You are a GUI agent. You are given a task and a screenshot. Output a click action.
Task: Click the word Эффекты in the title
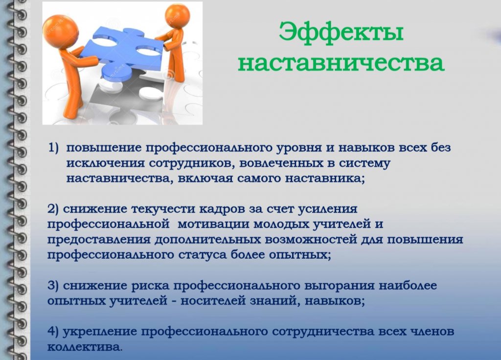[341, 32]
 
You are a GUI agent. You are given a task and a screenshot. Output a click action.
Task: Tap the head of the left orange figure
[61, 32]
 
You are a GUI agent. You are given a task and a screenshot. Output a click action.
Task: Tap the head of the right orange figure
[177, 16]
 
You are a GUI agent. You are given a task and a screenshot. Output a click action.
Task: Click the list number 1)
[54, 148]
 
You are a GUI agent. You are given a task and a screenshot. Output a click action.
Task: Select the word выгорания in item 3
[340, 286]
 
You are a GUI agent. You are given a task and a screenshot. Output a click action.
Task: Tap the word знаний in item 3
[274, 301]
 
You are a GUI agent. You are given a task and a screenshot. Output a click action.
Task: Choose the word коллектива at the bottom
[85, 347]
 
